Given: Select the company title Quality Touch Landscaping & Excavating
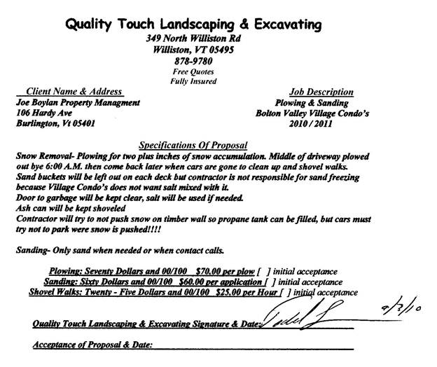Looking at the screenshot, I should (x=193, y=25).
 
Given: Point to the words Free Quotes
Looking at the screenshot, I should (x=193, y=71).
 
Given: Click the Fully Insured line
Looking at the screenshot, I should (x=193, y=81).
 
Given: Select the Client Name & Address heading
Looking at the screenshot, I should (x=74, y=92).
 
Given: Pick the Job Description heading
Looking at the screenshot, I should (x=321, y=92).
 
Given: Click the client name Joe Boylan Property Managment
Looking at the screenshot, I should (x=78, y=102).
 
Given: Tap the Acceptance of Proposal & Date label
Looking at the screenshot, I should (x=92, y=345).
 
